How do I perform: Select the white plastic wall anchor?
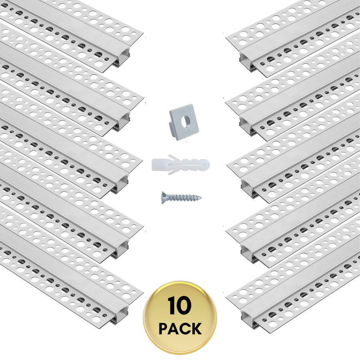pos(180,164)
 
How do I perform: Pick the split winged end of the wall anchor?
pos(157,164)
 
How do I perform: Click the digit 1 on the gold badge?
pos(171,307)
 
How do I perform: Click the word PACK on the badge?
pos(180,329)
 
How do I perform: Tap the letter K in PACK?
pos(196,329)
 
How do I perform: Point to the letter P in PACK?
pos(164,329)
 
